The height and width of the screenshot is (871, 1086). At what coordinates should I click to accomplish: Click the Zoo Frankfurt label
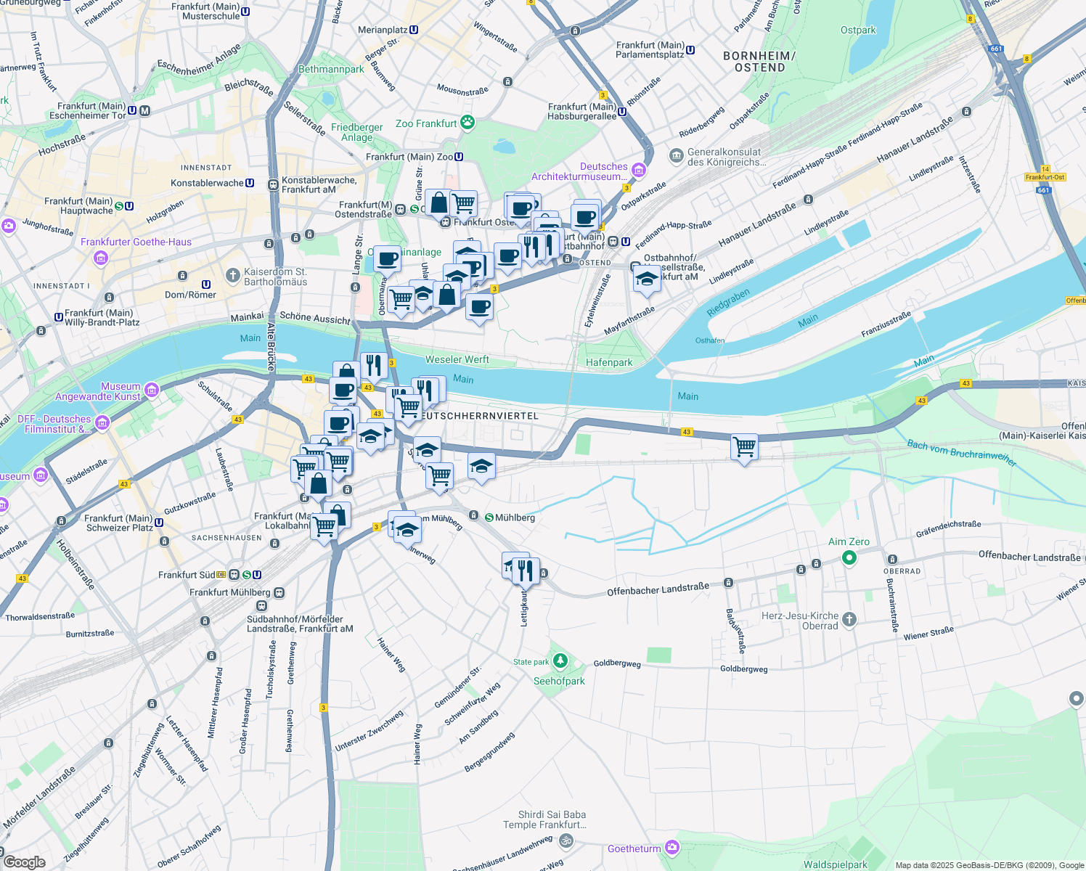coord(426,124)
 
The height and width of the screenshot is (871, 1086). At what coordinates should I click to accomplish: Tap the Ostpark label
coord(858,30)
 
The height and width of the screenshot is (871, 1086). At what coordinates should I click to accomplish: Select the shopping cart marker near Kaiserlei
coord(744,448)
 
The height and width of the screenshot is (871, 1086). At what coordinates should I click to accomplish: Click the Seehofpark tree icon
coord(560,661)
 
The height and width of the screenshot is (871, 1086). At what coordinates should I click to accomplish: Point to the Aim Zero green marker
coord(849,557)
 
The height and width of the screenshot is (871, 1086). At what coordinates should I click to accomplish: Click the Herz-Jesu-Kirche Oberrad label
coord(801,621)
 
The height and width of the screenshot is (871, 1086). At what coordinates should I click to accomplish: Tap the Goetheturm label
coord(634,848)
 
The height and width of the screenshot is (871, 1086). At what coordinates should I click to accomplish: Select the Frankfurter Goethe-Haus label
coord(136,242)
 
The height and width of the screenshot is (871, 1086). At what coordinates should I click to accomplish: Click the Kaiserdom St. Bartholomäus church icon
coord(232,276)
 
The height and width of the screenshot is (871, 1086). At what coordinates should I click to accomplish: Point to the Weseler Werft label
coord(457,359)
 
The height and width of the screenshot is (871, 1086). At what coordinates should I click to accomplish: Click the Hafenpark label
coord(609,362)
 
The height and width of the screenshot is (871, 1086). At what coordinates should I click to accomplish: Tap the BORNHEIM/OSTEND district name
coord(759,62)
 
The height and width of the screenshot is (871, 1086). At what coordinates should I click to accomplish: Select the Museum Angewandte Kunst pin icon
coord(152,390)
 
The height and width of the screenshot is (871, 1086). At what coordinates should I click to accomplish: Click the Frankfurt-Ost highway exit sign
coord(1045,177)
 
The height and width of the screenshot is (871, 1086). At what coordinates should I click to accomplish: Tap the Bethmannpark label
coord(331,70)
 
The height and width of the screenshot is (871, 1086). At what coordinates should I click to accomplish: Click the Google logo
coord(24,862)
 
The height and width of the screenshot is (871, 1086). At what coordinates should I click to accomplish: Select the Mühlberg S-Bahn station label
coord(515,518)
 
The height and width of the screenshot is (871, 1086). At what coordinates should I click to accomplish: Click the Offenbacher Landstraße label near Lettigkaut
coord(658,589)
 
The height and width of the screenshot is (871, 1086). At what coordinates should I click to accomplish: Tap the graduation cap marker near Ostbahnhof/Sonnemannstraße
coord(646,279)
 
